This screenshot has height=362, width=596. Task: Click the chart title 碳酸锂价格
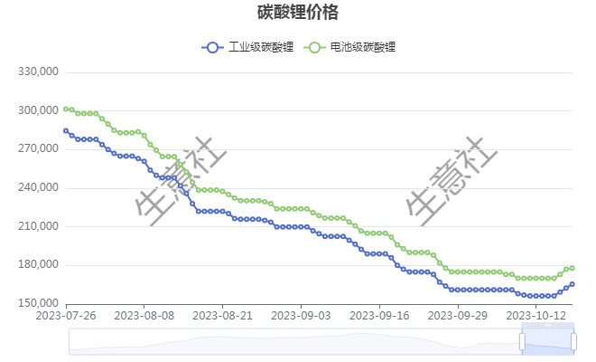tap(298, 13)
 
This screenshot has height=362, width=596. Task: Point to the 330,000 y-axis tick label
tap(39, 72)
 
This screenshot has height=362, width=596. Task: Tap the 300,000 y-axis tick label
tap(39, 110)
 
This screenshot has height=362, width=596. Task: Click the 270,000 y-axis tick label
tap(39, 149)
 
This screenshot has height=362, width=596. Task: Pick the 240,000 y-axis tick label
tap(39, 187)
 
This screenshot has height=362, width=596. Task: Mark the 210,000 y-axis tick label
tap(39, 226)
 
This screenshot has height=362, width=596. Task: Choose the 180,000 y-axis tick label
tap(39, 264)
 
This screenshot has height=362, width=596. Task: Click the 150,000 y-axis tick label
tap(39, 303)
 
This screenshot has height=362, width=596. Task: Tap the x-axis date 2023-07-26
tap(66, 316)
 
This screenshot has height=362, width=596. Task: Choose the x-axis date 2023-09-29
tap(458, 316)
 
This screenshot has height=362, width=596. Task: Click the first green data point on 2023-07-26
tap(66, 109)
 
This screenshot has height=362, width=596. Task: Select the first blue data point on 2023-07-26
tap(66, 130)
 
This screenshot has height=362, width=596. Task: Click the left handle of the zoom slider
tap(522, 340)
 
